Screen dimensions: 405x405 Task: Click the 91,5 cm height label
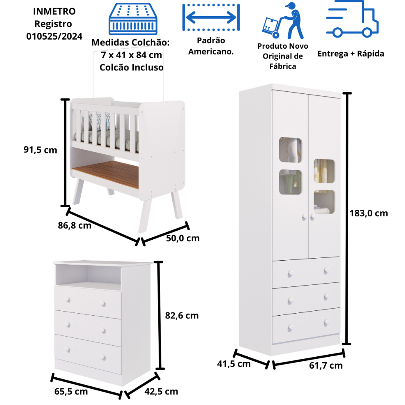(40, 150)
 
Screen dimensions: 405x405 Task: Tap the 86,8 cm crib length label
(74, 226)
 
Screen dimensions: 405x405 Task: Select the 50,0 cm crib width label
(182, 238)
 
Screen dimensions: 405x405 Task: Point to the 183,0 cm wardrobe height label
(369, 214)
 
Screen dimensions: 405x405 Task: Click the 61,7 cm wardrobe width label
(326, 365)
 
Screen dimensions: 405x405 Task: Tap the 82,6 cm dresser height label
(182, 316)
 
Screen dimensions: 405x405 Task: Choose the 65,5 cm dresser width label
(71, 392)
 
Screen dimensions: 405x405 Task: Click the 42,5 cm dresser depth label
(161, 392)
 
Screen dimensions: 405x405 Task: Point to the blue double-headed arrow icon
(211, 18)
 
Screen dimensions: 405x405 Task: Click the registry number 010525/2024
(55, 36)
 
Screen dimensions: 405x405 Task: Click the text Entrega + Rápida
(350, 54)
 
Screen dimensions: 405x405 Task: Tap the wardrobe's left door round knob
(304, 217)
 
